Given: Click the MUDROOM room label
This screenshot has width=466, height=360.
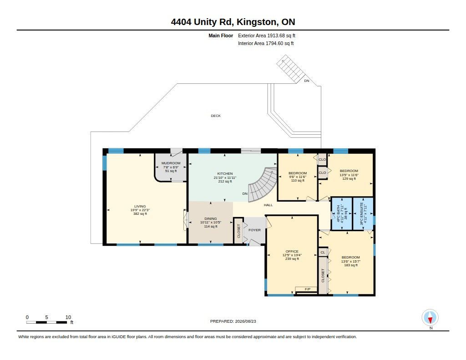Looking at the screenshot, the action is pos(171,163).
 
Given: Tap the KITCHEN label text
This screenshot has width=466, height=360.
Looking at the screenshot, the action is pos(225,173).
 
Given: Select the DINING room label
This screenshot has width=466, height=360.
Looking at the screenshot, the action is pos(211,218).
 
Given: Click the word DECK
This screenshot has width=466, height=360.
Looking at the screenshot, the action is pos(216,116).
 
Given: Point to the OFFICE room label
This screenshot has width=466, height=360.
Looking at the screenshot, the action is pos(292,251).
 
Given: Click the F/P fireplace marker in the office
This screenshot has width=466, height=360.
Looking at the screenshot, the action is pos(308,289).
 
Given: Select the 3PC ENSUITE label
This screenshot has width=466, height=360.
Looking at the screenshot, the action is pos(361,213).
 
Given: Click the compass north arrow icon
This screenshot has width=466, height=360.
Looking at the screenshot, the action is pos(430,318).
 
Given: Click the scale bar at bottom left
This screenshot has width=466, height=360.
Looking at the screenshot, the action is pos(46,322).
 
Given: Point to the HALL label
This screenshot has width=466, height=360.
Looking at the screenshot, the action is pos(268,205).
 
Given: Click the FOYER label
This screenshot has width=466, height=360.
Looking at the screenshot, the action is pos(254,230).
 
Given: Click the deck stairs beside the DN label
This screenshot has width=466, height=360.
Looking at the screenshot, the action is pos(291,69).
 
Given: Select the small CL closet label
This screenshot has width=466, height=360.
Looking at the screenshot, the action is pos(323,253).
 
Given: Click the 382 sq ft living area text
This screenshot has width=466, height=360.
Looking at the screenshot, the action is pos(140,214).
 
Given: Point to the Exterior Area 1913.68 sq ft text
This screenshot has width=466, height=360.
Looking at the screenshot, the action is pos(266,35).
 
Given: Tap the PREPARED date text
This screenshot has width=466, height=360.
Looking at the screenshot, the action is pos(233,321).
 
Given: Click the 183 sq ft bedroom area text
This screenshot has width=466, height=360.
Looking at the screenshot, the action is pos(351,265).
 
